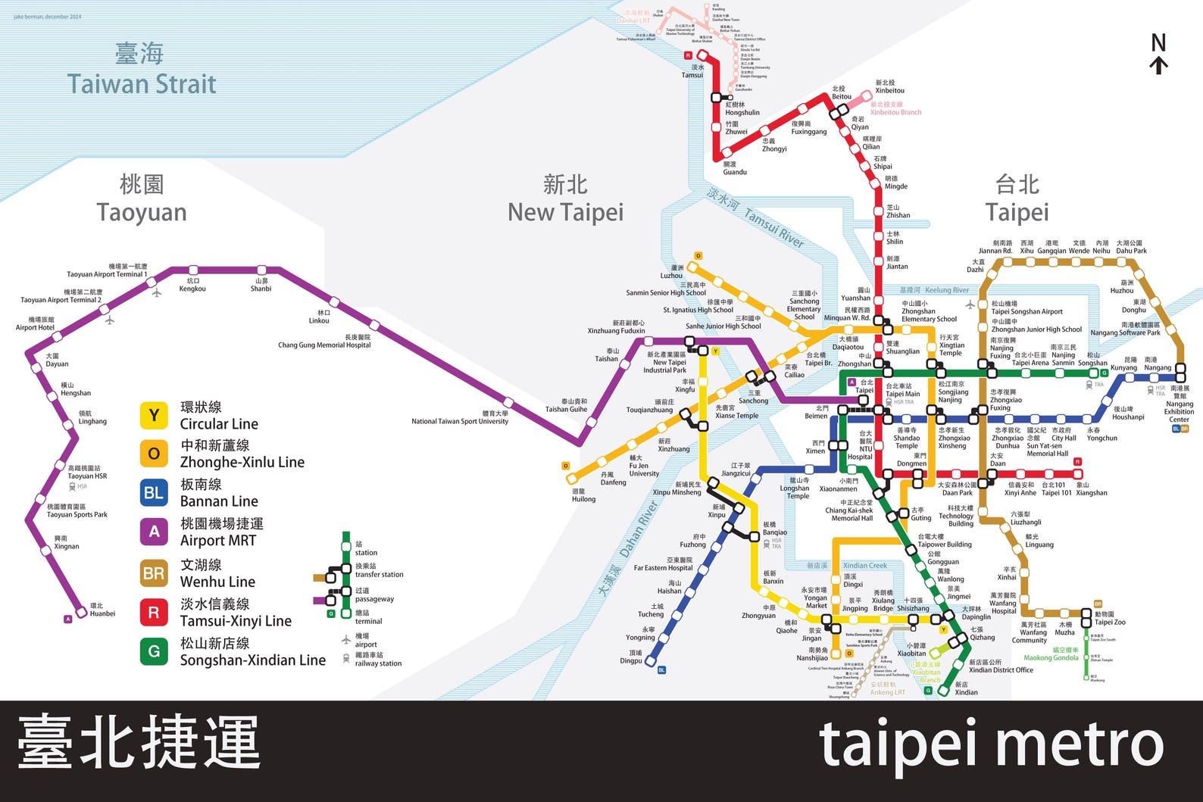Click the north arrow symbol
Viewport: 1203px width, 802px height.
(x=1158, y=55)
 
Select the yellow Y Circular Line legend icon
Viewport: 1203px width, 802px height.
(x=154, y=415)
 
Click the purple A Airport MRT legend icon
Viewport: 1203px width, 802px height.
(x=154, y=532)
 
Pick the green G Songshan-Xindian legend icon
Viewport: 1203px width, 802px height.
(x=154, y=651)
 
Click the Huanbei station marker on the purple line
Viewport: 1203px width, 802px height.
(x=82, y=612)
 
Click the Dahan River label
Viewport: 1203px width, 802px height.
(x=638, y=529)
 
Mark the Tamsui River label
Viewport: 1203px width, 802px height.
(x=773, y=227)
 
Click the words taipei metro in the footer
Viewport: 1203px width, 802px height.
(x=992, y=745)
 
